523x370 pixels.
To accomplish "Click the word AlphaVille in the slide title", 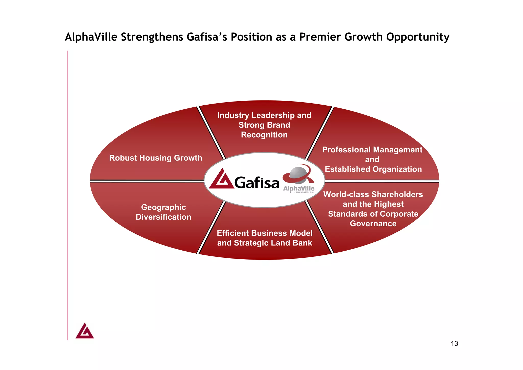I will point(91,37).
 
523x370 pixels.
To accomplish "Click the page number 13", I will point(454,344).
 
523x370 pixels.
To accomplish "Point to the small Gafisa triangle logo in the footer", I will point(85,331).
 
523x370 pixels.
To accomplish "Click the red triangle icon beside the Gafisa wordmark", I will point(221,180).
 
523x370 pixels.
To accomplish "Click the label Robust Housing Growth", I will point(156,158).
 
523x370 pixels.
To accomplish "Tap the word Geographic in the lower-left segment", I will point(163,207).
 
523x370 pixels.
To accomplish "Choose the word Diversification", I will point(163,217).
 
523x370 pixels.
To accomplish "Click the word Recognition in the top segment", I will point(264,135).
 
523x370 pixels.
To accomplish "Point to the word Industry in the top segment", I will point(233,115).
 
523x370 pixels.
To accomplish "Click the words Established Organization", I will point(373,169).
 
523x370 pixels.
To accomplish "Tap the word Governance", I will point(373,224).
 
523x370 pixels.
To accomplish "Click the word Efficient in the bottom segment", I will point(232,233).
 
